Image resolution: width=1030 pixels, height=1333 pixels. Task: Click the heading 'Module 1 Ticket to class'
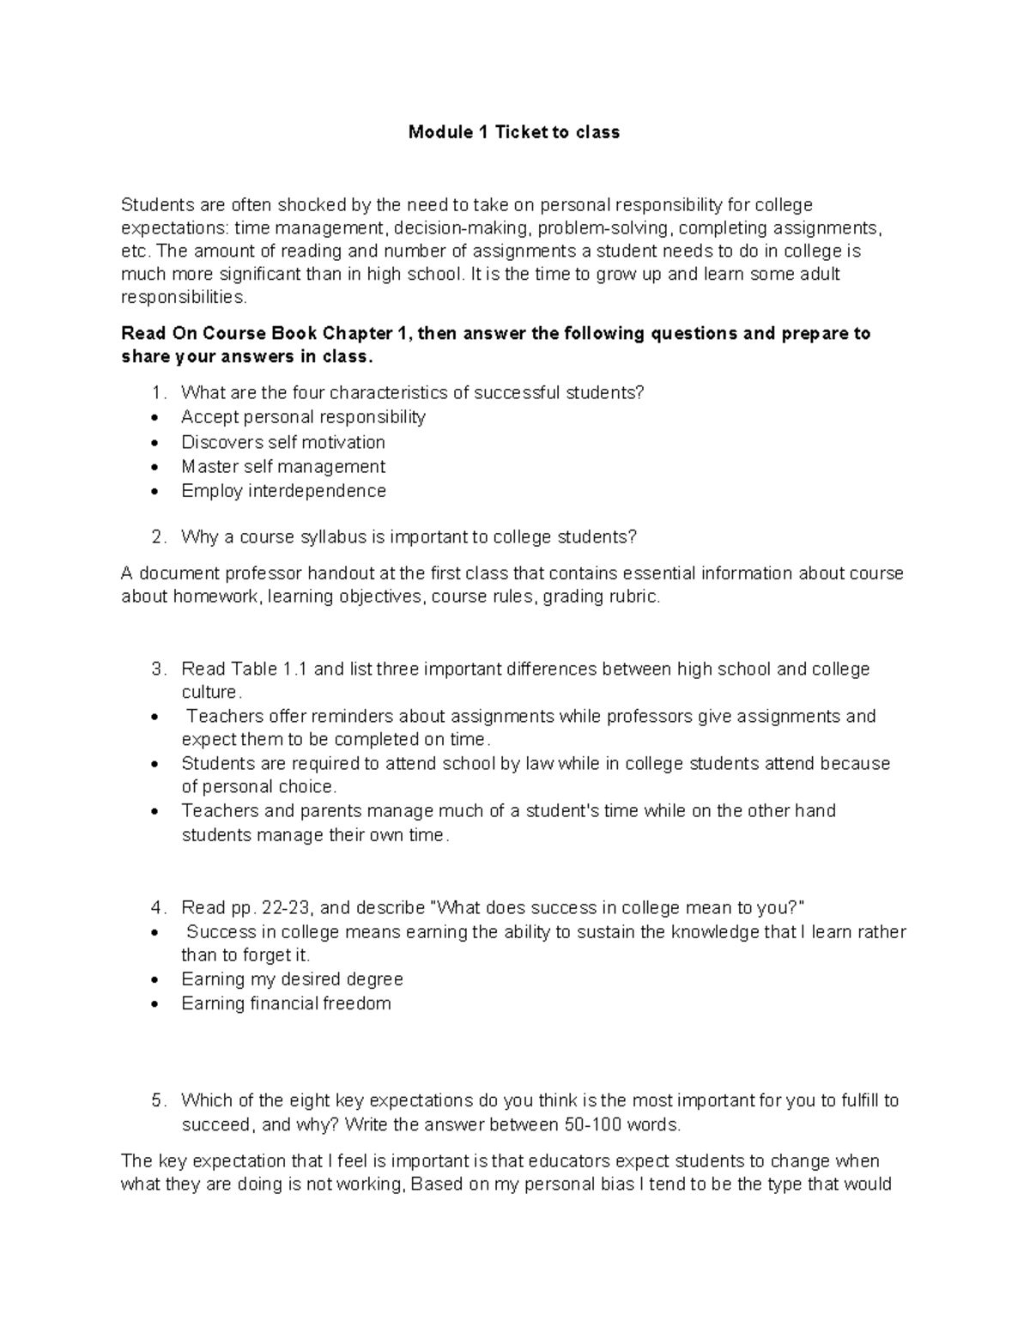pos(513,132)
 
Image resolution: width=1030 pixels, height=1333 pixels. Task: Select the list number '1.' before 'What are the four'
pos(158,393)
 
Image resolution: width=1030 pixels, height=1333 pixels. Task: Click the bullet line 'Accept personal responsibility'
pos(303,417)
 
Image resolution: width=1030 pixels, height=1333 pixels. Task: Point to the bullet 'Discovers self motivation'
pos(282,442)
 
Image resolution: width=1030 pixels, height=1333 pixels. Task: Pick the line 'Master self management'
pos(282,467)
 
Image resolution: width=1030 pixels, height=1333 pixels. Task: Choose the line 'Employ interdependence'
pos(283,491)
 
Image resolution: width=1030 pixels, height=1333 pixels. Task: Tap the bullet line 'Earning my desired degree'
pos(292,979)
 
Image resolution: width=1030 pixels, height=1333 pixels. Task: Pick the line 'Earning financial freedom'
pos(286,1003)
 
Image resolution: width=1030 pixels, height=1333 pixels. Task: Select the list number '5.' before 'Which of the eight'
pos(158,1101)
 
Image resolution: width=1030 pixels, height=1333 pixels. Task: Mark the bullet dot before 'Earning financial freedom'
pos(154,1004)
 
